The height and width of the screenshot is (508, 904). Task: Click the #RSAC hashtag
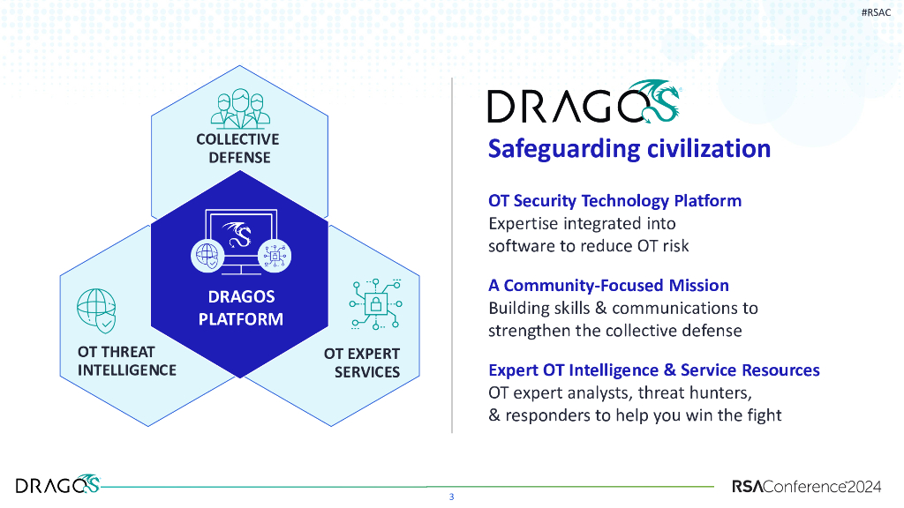pos(876,12)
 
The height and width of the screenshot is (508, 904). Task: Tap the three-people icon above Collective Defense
pos(240,108)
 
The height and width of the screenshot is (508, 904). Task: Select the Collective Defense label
pos(238,148)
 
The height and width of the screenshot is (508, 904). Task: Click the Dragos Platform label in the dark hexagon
pos(241,308)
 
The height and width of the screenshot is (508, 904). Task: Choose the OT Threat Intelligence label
pos(127,361)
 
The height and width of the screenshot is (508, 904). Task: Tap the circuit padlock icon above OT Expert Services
pos(376,304)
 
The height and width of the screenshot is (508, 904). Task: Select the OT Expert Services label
pos(362,362)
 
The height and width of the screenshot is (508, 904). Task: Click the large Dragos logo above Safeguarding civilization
pos(584,102)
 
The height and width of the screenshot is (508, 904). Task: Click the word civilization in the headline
pos(709,148)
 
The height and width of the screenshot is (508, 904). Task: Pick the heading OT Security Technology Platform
pos(614,200)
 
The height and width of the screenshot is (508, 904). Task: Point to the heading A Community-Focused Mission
pos(608,285)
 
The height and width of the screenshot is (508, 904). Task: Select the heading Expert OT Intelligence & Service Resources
pos(654,370)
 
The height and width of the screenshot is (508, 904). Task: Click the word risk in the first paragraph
pos(675,246)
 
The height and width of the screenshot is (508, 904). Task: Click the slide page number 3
pos(451,497)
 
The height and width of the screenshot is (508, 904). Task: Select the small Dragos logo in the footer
pos(57,484)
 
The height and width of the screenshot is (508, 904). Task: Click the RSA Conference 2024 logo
pos(807,487)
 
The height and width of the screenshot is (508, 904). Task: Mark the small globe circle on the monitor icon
pos(207,256)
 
